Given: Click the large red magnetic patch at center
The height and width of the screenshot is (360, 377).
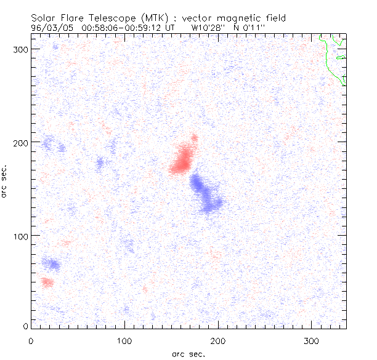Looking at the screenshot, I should pyautogui.click(x=182, y=159).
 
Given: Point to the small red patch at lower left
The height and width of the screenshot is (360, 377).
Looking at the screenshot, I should pyautogui.click(x=47, y=282).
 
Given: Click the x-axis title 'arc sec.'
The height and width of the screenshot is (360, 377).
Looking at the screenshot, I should pyautogui.click(x=188, y=354).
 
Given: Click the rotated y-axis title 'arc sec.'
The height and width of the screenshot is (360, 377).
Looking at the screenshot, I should pyautogui.click(x=5, y=181).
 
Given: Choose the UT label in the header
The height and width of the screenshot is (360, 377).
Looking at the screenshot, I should pyautogui.click(x=171, y=28).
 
